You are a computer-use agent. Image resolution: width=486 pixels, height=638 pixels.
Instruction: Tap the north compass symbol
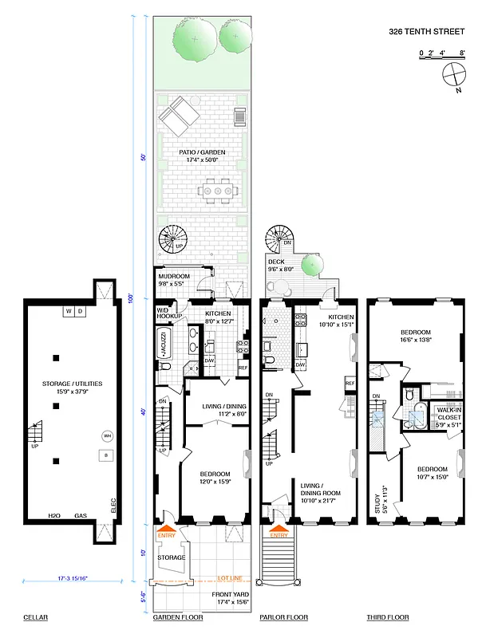[x=452, y=77]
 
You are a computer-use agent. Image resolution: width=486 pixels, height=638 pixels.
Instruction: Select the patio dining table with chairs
[x=217, y=191]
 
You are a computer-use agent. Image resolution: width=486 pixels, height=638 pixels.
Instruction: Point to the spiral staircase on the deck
[x=280, y=237]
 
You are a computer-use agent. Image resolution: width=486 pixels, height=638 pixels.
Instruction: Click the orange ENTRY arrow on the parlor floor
[x=279, y=529]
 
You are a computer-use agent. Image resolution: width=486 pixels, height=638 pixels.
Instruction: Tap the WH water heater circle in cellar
[x=106, y=436]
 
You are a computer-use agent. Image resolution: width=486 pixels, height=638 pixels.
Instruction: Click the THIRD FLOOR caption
[x=388, y=617]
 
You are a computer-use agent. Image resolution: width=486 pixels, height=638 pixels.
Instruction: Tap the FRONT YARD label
[x=232, y=595]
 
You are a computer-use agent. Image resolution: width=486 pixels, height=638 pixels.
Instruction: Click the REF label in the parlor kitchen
[x=350, y=384]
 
